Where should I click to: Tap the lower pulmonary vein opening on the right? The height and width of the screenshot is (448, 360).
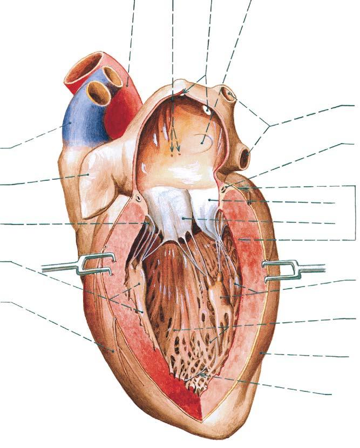(244, 158)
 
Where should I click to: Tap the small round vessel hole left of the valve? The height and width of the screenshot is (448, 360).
(139, 198)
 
